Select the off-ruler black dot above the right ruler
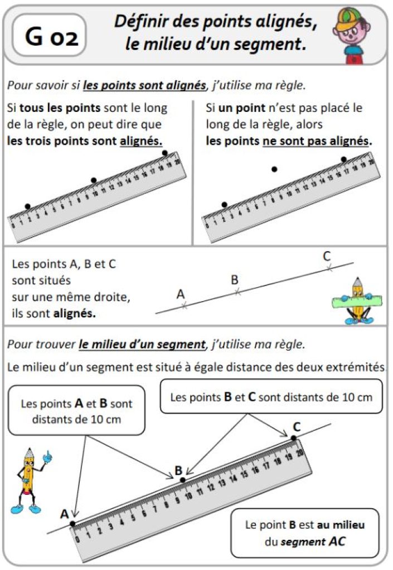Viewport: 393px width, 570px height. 274,168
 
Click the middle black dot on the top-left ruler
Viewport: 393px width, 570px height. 94,180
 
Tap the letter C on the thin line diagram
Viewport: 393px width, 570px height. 327,257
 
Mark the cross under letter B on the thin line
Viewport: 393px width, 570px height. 237,292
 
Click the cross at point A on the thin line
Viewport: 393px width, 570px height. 184,306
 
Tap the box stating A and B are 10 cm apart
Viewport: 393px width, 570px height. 76,411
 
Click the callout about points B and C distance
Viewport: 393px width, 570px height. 271,397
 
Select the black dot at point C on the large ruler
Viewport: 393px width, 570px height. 294,438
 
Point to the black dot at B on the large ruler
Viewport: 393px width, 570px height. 182,479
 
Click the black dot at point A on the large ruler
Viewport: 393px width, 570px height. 72,523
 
